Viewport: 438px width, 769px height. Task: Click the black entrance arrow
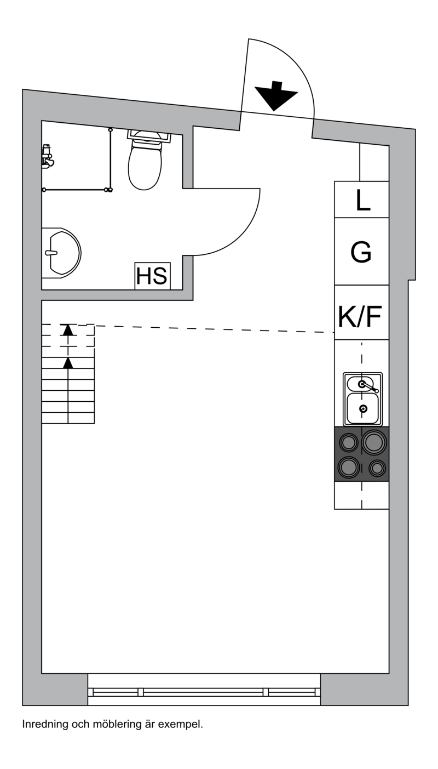click(276, 96)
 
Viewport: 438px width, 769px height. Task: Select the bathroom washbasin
click(62, 252)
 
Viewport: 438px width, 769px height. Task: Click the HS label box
click(152, 276)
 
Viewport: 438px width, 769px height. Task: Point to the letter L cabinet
click(362, 200)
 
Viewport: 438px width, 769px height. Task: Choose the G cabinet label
click(361, 252)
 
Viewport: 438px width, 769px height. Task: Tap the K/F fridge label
click(360, 316)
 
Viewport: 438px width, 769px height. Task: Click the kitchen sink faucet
click(369, 387)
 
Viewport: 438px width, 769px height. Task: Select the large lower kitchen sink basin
click(363, 408)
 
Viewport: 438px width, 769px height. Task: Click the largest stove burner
click(374, 442)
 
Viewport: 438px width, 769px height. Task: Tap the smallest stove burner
click(377, 468)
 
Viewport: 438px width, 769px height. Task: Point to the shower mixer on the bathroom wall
click(47, 156)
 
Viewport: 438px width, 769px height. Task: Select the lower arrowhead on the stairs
click(68, 363)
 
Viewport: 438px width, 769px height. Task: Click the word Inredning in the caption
click(45, 725)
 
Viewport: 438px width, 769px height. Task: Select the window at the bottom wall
click(204, 690)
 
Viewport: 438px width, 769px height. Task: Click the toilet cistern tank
click(149, 136)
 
